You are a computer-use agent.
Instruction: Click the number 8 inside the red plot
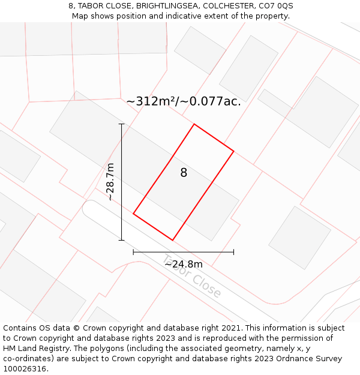(x=184, y=173)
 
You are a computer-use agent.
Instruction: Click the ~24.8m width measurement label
(x=183, y=264)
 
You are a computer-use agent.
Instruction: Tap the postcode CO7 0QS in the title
(x=275, y=6)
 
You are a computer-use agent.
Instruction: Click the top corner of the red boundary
(x=194, y=124)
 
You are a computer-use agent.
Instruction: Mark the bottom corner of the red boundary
(x=172, y=240)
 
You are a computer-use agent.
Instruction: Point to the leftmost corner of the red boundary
(x=133, y=214)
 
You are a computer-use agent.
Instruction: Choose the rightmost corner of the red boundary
(x=233, y=151)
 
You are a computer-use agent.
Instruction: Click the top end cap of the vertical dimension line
(x=122, y=124)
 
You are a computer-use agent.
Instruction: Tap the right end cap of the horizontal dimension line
(x=233, y=252)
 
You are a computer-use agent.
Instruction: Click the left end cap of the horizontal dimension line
(x=133, y=252)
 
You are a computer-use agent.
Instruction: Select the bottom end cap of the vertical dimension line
(x=122, y=240)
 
